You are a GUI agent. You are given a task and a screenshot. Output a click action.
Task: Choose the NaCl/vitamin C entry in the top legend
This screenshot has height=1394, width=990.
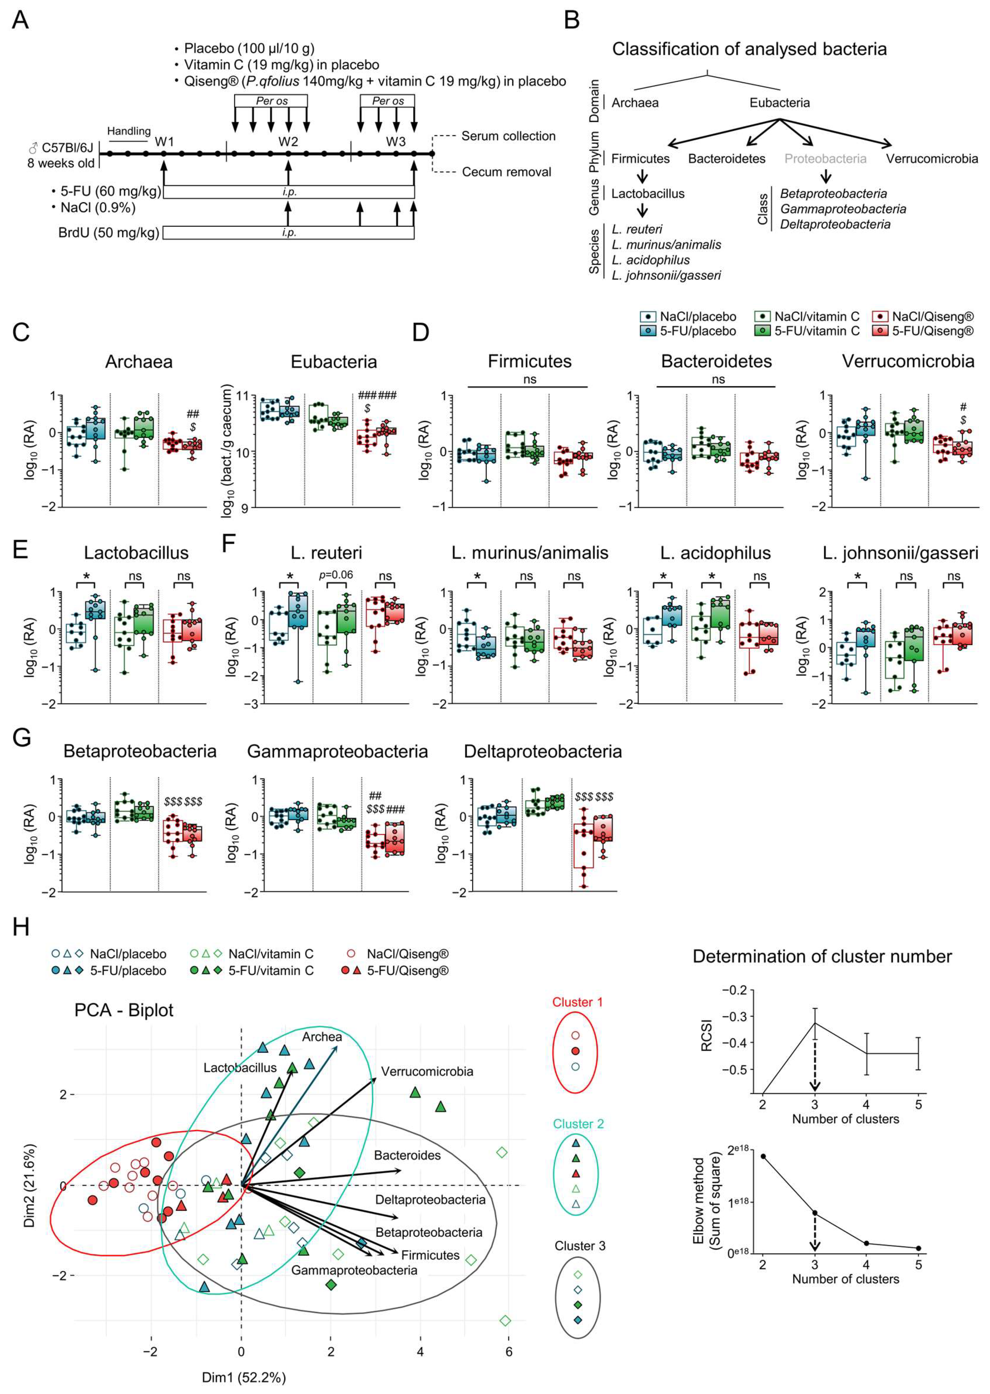point(816,317)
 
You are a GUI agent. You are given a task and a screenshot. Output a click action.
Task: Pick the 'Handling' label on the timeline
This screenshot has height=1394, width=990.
point(129,131)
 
